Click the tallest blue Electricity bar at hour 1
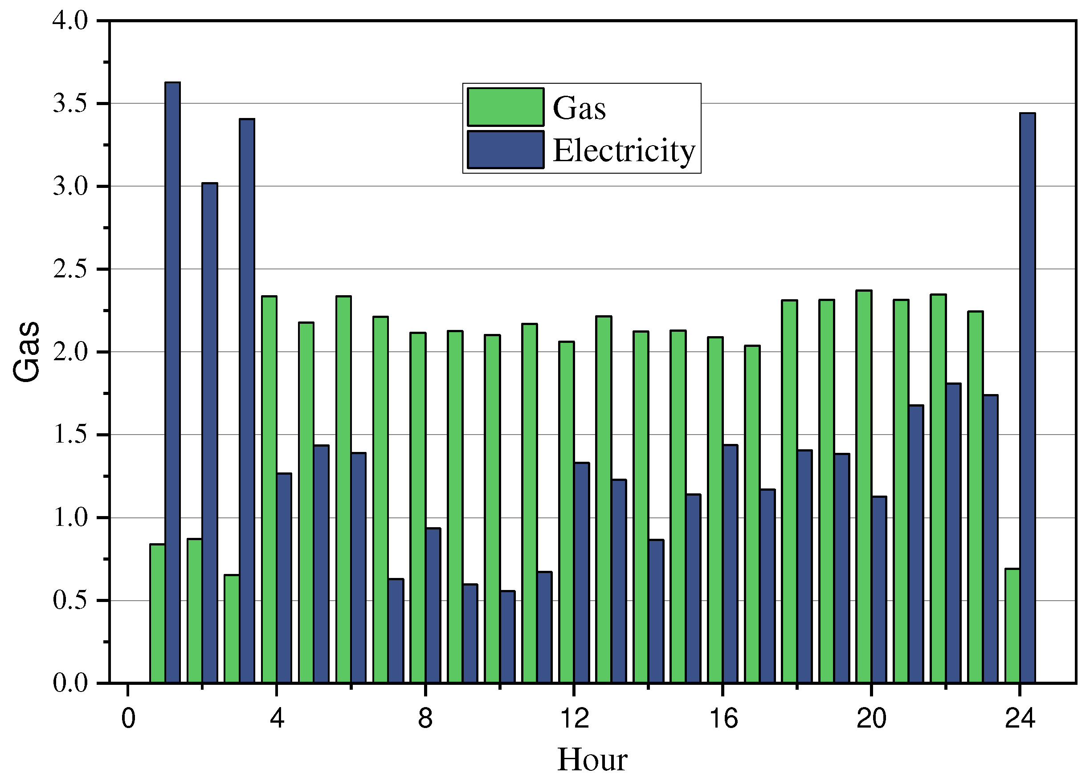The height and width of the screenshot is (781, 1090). click(172, 382)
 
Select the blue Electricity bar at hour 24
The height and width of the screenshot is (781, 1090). click(1027, 397)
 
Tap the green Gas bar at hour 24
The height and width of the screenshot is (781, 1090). click(1012, 625)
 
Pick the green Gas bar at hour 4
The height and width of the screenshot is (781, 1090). click(269, 489)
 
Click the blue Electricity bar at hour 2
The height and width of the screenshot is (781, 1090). click(209, 432)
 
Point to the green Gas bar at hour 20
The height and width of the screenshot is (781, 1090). click(864, 486)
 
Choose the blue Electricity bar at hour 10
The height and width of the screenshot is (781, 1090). click(507, 636)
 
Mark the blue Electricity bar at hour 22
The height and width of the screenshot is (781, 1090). click(953, 533)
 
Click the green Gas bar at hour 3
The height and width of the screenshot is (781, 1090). click(232, 628)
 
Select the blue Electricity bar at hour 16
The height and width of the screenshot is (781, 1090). click(730, 563)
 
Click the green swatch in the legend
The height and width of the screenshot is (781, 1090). click(506, 106)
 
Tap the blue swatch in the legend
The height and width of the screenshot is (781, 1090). click(506, 149)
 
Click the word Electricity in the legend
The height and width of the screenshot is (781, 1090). click(624, 151)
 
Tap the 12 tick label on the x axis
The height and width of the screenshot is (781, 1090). click(574, 719)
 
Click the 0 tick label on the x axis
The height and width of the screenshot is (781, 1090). click(128, 719)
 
